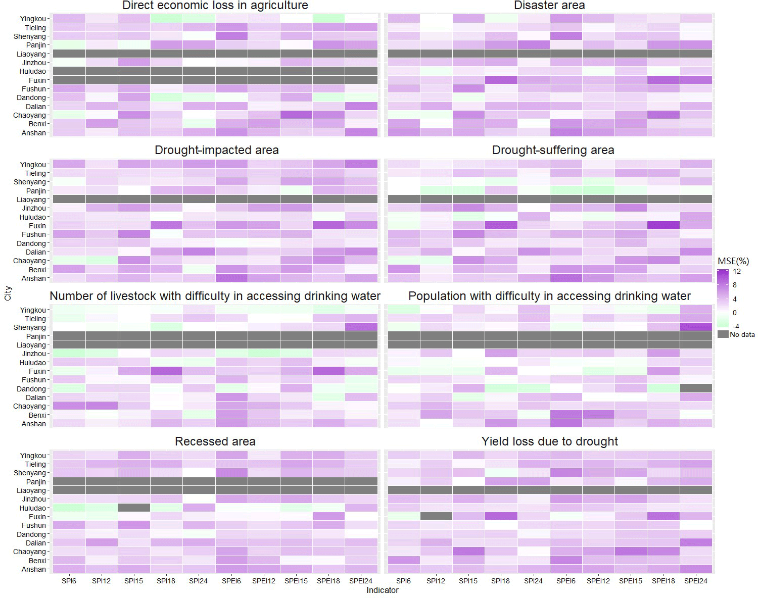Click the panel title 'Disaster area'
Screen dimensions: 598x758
point(549,6)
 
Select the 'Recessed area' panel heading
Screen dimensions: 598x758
point(215,441)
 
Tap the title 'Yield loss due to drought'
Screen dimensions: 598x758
point(550,441)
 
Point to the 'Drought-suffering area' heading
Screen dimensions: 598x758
point(553,151)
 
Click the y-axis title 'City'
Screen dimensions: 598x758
point(8,293)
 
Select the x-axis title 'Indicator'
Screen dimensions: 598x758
point(383,590)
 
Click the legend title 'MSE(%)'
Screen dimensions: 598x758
point(733,261)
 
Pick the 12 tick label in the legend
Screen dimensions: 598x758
point(737,271)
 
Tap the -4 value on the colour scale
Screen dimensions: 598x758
point(736,326)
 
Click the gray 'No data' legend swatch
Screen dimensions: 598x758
point(723,334)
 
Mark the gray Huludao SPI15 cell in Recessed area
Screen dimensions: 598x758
point(134,508)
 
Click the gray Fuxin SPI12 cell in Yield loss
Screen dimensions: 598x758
point(436,516)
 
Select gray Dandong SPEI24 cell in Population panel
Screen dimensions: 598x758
point(696,388)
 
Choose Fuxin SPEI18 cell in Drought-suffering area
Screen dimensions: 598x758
point(664,225)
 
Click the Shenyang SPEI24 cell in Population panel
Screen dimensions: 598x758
point(696,327)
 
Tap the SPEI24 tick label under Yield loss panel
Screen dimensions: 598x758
point(696,581)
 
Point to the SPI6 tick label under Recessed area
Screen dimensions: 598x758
point(69,581)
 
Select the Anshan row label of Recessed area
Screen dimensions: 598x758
point(34,569)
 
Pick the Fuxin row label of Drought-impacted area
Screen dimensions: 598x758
point(37,226)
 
